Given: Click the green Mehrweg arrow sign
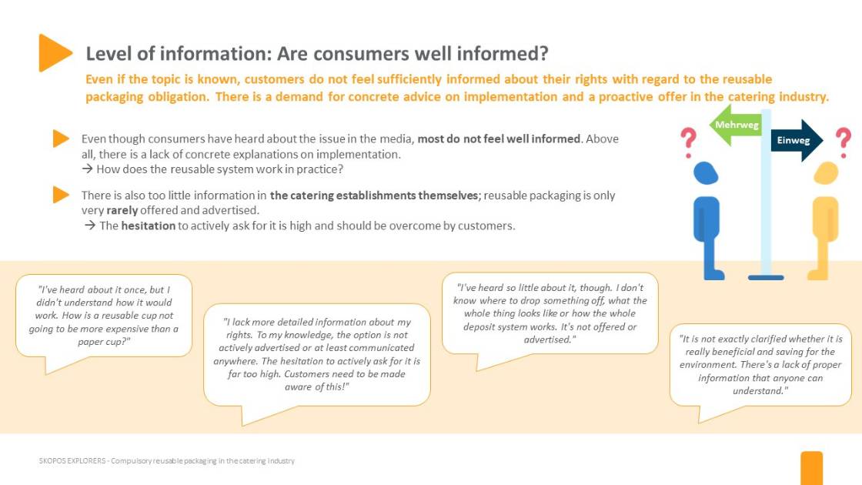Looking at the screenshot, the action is click(735, 125).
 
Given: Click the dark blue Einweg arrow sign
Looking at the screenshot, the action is click(797, 140).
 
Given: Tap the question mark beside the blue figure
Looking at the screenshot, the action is click(688, 142).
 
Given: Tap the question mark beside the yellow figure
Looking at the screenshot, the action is click(844, 142).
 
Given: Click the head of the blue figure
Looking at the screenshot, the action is click(706, 172).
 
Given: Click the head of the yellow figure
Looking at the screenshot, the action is click(826, 172).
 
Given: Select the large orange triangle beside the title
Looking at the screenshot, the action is click(55, 53).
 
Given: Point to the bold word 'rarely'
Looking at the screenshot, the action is click(122, 210).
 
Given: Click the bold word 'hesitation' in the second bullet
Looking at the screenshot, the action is click(149, 226).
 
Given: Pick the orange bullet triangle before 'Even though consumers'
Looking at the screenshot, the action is click(61, 139).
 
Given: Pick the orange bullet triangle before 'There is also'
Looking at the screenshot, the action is click(61, 195).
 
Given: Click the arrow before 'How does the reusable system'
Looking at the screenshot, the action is click(88, 169).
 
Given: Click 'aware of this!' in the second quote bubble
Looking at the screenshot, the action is click(316, 386).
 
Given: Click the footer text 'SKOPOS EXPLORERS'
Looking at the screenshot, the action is click(72, 461).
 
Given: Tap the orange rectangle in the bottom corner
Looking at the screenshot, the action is click(811, 468).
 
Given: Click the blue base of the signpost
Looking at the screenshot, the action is click(766, 277).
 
